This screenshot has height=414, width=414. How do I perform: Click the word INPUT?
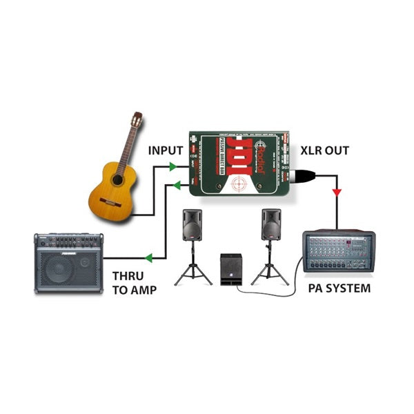[166, 150]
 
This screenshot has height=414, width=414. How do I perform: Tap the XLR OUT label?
[324, 150]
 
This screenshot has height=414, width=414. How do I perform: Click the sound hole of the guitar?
[117, 180]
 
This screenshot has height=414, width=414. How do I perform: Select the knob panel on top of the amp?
[69, 242]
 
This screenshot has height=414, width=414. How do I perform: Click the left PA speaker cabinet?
[193, 225]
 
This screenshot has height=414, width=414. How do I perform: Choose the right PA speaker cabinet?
[271, 225]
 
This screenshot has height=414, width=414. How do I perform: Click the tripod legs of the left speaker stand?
[193, 273]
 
